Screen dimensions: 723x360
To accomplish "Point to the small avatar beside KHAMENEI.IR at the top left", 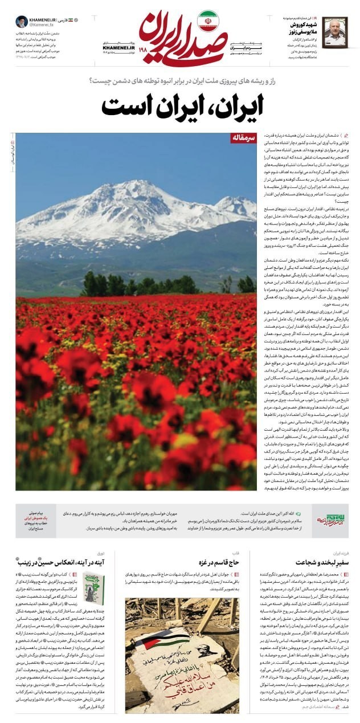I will click(22, 22).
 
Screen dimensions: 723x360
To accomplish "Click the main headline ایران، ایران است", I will click(179, 105).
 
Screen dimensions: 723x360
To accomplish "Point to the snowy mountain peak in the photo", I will click(137, 191).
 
